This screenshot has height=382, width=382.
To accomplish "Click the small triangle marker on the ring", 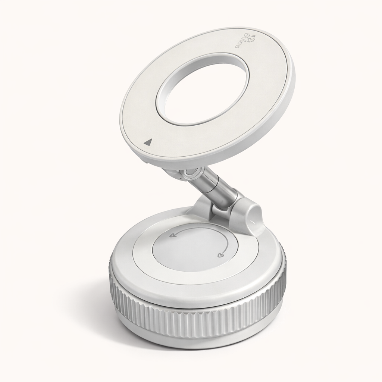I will coord(148,142).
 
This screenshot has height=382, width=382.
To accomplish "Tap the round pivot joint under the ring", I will coord(191,173).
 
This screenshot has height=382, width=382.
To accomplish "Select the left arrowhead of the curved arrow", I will coord(172,235).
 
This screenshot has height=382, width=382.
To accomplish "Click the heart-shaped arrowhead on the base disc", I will coord(219,256).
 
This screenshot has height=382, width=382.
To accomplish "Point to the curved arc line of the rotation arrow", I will coord(201,229).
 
